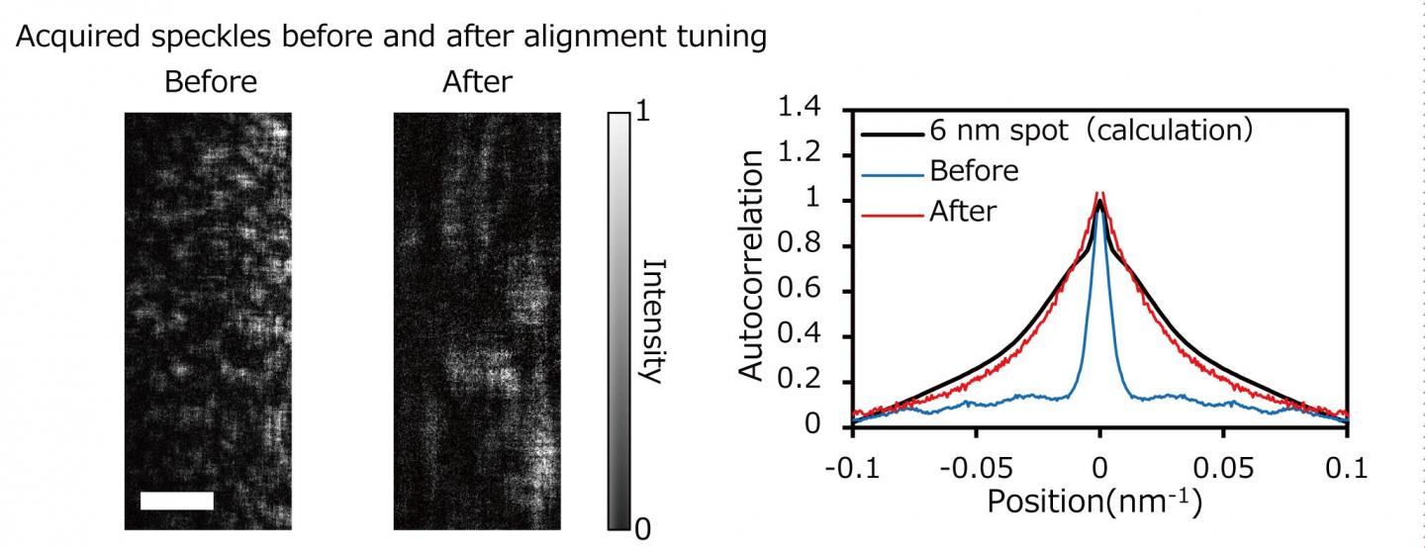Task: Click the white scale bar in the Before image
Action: [x=177, y=501]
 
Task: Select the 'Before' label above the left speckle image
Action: [x=210, y=81]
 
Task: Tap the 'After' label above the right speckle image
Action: [x=478, y=81]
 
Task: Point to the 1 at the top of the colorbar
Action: [x=642, y=112]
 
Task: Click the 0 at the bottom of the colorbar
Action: [x=642, y=531]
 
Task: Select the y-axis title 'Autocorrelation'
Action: [x=752, y=267]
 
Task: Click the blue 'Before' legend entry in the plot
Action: [x=974, y=170]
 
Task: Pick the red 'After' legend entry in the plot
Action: [x=963, y=210]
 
